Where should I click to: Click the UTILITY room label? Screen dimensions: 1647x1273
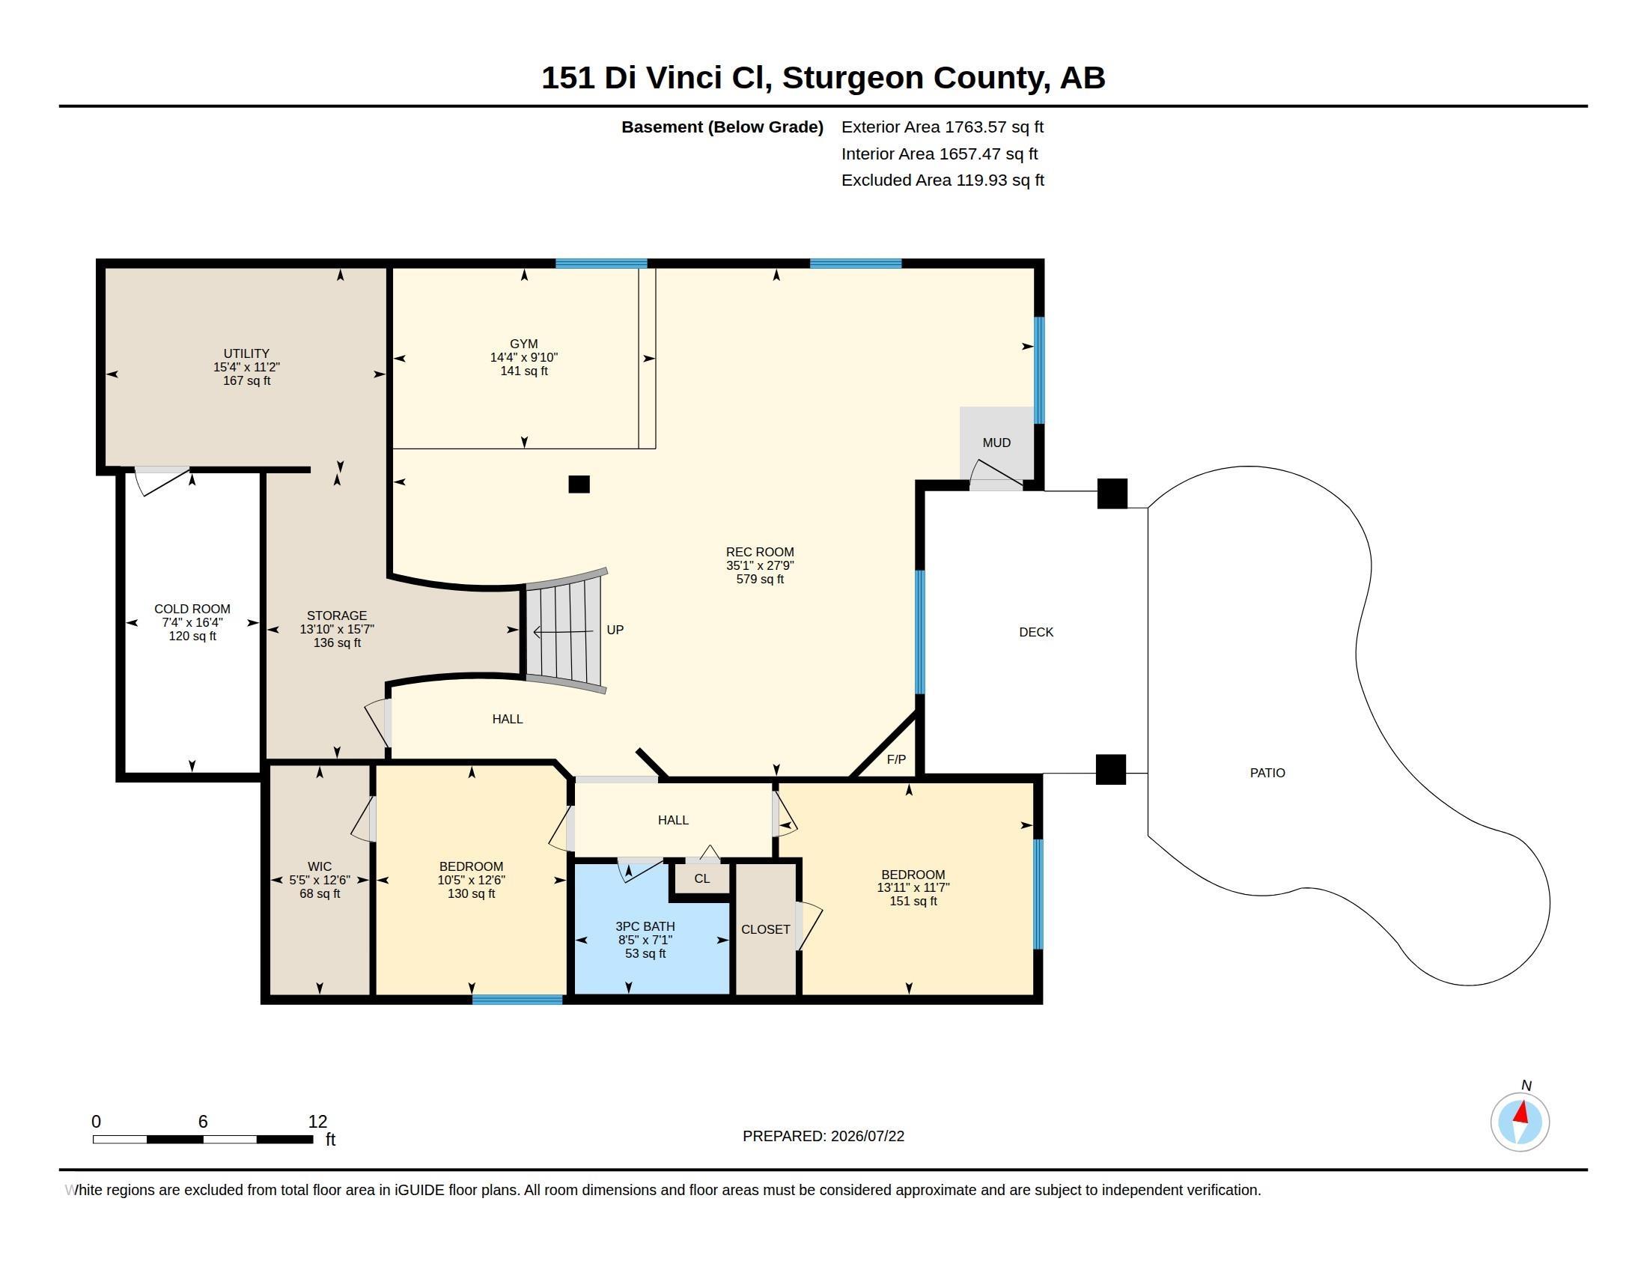tap(246, 353)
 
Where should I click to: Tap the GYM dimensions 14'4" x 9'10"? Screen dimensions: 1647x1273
tap(523, 357)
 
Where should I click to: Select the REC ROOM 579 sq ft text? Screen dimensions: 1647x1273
tap(759, 579)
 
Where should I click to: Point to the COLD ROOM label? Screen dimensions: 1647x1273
tap(192, 609)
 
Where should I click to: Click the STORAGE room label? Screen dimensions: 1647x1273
tap(336, 616)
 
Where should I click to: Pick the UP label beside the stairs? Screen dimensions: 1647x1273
tap(615, 630)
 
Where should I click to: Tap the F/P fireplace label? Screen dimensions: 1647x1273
tap(896, 759)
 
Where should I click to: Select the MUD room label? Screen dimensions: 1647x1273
tap(996, 443)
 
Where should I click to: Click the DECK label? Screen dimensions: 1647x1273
tap(1035, 632)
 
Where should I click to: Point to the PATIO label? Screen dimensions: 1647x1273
tap(1267, 772)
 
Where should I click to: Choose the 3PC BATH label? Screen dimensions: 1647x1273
tap(645, 926)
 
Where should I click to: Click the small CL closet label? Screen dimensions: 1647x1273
tap(701, 878)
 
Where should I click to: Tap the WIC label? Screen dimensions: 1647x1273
tap(319, 866)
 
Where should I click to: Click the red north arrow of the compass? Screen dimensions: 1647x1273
tap(1522, 1112)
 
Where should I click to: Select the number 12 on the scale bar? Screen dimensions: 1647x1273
tap(317, 1122)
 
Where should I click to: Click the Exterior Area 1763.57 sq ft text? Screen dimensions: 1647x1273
tap(942, 127)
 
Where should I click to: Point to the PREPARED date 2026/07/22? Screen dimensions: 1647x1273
tap(867, 1136)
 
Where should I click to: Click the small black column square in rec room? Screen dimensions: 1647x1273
tap(579, 484)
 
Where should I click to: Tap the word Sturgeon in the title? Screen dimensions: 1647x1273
tap(853, 78)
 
